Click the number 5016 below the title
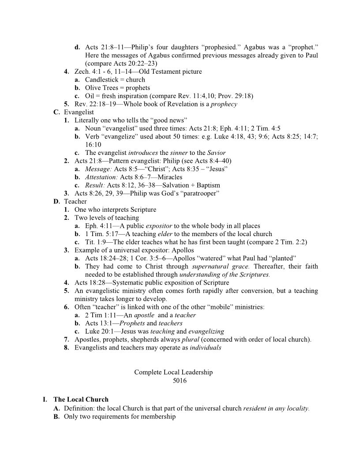click(180, 381)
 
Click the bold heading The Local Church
click(81, 400)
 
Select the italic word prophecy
click(224, 105)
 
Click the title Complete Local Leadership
click(173, 372)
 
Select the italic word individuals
click(206, 348)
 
